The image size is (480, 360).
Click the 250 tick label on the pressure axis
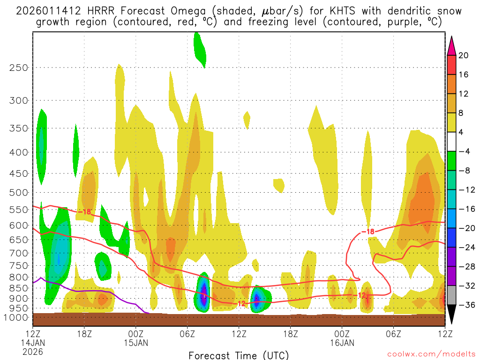(19, 67)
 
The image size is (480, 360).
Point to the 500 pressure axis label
(19, 192)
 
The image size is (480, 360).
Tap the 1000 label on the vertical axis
(16, 317)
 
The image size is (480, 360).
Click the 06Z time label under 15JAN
(187, 333)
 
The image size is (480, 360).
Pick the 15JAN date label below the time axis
(136, 342)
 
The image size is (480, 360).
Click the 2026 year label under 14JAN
(32, 351)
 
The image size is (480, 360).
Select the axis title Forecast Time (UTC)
(239, 355)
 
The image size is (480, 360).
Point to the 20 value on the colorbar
(464, 55)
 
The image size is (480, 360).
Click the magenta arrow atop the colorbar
(451, 45)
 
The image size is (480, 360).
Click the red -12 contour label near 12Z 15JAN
(240, 304)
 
